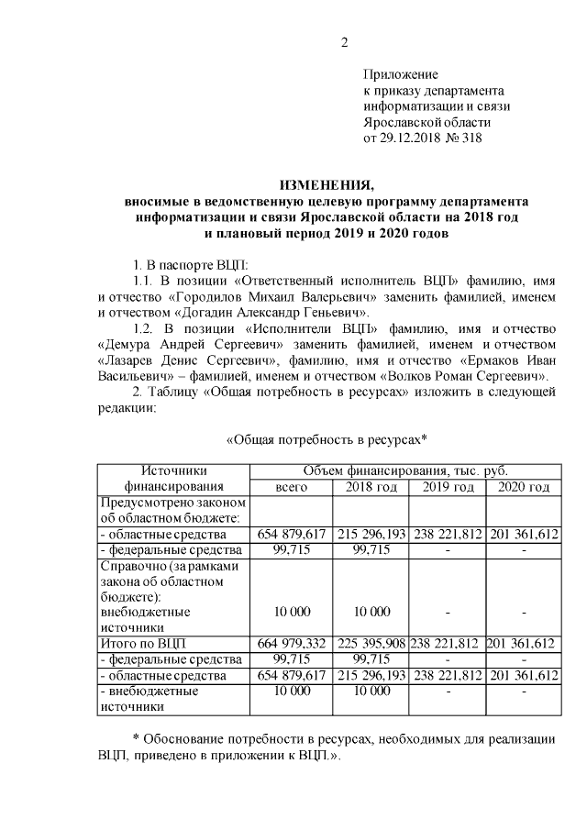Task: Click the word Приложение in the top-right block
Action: (x=401, y=74)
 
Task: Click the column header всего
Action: (x=292, y=486)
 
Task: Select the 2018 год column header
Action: (x=370, y=486)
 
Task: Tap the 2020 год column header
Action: (x=523, y=486)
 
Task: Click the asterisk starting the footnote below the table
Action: (x=137, y=739)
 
